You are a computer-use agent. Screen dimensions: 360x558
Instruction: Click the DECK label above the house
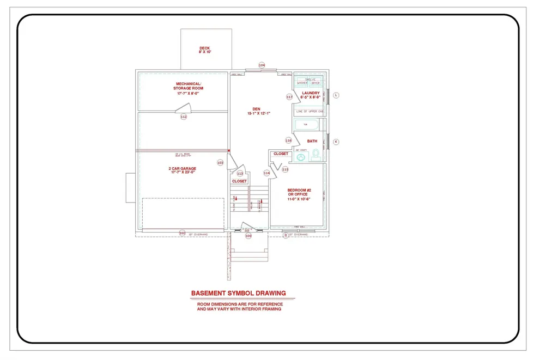click(204, 48)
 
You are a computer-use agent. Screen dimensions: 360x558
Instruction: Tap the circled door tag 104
click(262, 65)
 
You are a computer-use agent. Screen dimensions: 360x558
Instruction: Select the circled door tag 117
click(289, 97)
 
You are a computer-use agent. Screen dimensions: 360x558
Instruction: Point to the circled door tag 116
click(289, 140)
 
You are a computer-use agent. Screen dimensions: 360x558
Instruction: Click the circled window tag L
click(336, 95)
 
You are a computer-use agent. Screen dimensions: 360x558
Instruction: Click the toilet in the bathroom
click(315, 156)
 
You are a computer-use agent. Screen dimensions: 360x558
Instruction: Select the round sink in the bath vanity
click(301, 157)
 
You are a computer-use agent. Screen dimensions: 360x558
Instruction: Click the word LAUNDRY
click(311, 93)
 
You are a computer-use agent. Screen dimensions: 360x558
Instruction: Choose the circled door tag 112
click(184, 117)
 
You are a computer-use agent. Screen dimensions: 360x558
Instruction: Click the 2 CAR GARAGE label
click(182, 169)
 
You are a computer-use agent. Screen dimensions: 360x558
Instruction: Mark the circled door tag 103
click(220, 162)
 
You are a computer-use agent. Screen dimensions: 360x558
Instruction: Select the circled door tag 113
click(240, 173)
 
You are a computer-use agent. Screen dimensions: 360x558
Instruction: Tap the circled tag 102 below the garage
click(182, 233)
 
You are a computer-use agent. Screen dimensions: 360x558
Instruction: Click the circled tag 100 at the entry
click(248, 236)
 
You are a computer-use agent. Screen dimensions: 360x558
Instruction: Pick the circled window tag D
click(285, 235)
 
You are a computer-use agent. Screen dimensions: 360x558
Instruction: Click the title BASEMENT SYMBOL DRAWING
click(238, 293)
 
